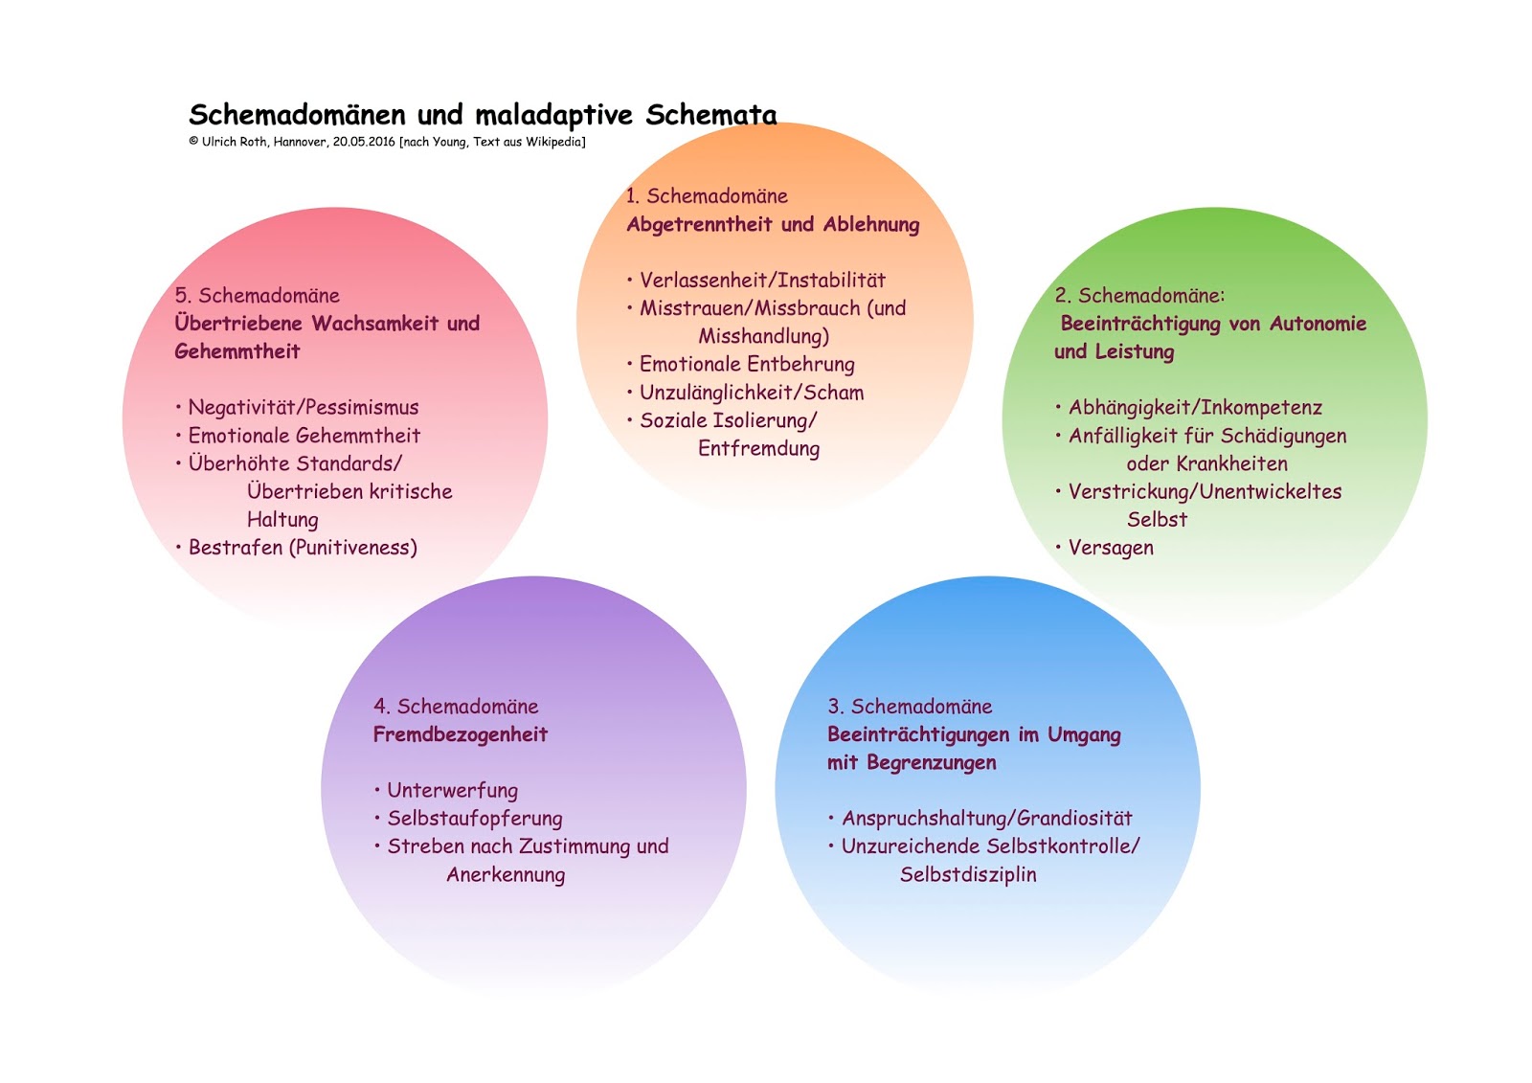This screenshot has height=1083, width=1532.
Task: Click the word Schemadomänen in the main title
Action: [x=297, y=115]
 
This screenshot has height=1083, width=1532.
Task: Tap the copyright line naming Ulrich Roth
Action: [x=387, y=142]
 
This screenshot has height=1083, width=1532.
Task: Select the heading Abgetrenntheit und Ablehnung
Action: [x=773, y=225]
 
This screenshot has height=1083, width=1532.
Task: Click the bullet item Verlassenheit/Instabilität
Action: [x=762, y=281]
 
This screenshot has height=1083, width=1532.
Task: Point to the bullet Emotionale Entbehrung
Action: [x=747, y=365]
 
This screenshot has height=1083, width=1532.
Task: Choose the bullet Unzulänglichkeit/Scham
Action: [x=752, y=393]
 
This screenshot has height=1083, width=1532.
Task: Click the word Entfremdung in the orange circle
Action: [x=758, y=449]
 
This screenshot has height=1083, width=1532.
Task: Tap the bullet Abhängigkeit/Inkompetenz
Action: [x=1195, y=408]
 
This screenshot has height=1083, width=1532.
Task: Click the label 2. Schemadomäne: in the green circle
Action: [x=1139, y=296]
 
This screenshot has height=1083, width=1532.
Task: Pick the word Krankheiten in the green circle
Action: [x=1231, y=464]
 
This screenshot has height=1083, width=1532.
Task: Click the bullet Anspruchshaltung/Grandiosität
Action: [x=986, y=819]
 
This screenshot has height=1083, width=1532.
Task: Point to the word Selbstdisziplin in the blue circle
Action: [x=968, y=875]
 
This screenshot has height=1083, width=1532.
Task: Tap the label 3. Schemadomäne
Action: [x=910, y=707]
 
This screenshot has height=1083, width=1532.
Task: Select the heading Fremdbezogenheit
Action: [x=461, y=735]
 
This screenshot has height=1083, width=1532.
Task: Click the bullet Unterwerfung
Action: [x=452, y=791]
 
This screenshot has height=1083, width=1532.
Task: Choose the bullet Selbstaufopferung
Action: [x=475, y=819]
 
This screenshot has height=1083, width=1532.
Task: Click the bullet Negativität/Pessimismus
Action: [x=304, y=408]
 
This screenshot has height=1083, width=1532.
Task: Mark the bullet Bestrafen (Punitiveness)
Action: [x=303, y=548]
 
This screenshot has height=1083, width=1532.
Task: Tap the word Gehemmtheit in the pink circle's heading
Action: [x=237, y=352]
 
